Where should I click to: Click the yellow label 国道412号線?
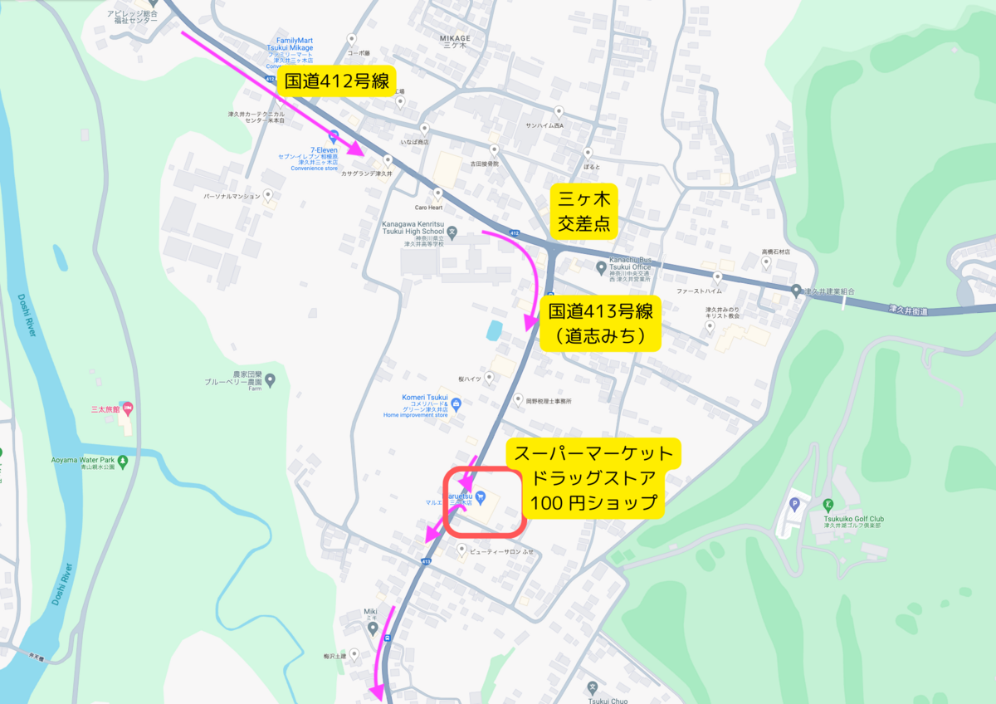point(336,81)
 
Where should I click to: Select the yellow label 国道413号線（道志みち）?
point(600,324)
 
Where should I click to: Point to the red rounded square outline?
point(484,502)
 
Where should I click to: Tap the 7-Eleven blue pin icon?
point(334,135)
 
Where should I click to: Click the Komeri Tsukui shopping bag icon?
point(456,403)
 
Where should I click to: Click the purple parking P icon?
point(794,503)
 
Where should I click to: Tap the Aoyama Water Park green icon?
point(123,461)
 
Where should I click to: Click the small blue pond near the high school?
point(495,330)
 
